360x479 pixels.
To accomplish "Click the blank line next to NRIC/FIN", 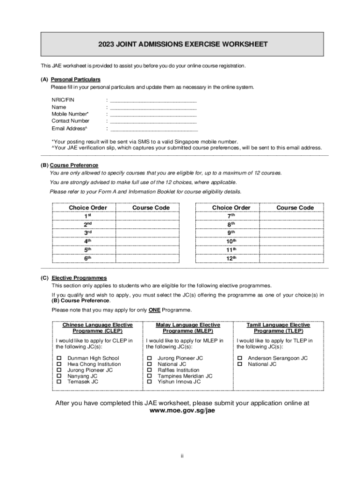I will (x=153, y=100).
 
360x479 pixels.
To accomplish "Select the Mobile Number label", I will (x=70, y=114).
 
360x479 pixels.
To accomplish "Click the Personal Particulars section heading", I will (x=75, y=80).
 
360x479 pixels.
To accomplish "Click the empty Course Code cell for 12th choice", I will (x=292, y=258).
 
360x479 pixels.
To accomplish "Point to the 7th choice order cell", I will (x=231, y=216).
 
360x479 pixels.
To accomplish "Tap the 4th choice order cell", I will (x=87, y=241).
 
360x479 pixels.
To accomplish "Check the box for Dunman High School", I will (x=59, y=358).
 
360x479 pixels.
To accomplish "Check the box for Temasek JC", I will (x=59, y=382).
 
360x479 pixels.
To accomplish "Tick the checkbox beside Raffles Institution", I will (x=150, y=370).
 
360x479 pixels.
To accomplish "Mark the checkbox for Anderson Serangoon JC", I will (x=240, y=358).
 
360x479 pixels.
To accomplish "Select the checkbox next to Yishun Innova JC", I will (x=150, y=382).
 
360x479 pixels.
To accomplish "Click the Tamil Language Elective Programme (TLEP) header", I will (x=278, y=328).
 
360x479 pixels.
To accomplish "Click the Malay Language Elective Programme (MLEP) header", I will (x=187, y=328).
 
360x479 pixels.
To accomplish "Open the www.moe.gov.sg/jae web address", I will (x=182, y=410).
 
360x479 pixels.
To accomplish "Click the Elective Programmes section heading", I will (x=79, y=278).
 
